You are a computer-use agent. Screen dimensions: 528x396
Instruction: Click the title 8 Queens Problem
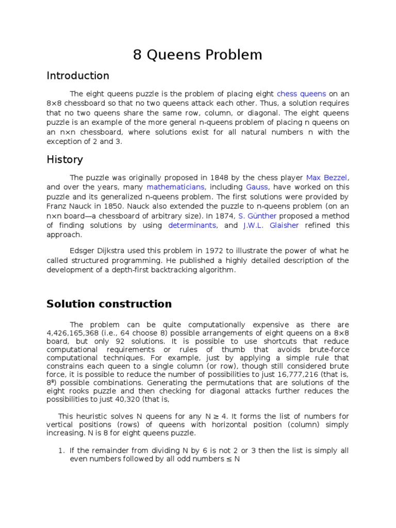(x=197, y=55)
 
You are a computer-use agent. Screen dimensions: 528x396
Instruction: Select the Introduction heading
(x=78, y=76)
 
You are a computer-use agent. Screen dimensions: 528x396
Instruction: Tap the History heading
(x=64, y=159)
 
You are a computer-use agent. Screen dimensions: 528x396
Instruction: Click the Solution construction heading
(x=109, y=304)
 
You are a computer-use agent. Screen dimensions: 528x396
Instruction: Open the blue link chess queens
(x=301, y=94)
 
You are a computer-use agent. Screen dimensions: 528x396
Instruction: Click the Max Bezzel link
(x=327, y=177)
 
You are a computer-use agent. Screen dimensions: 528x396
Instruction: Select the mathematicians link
(x=175, y=187)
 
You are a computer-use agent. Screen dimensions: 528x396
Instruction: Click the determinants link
(x=192, y=225)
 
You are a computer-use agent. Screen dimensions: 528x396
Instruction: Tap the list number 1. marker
(x=61, y=450)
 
